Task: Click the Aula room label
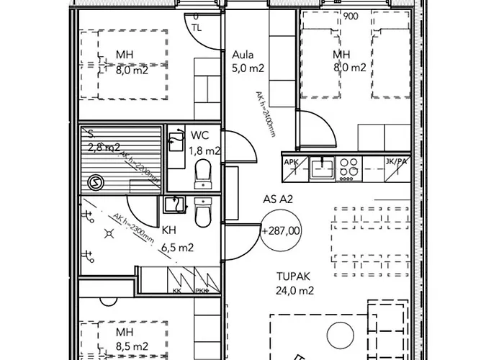243,55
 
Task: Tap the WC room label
199,135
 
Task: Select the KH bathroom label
169,230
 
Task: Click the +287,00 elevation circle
282,231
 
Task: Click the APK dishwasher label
291,162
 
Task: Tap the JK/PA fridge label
397,162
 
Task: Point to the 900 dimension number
351,17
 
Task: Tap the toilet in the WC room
203,171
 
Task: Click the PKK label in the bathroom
201,291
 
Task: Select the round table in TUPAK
338,335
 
